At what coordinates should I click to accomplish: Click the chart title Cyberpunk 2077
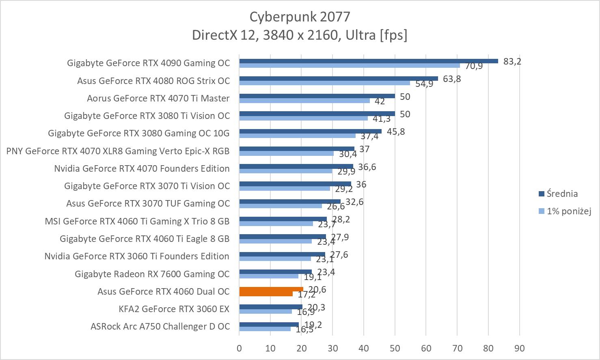pyautogui.click(x=299, y=16)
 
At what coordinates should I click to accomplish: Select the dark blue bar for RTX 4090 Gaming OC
pyautogui.click(x=368, y=61)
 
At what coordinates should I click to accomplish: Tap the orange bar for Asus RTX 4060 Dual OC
pyautogui.click(x=271, y=289)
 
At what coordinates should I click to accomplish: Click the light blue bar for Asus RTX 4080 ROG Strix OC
pyautogui.click(x=324, y=83)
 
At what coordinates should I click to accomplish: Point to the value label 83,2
pyautogui.click(x=512, y=61)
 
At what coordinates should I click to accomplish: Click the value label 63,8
pyautogui.click(x=452, y=79)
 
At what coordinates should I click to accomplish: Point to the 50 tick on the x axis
pyautogui.click(x=395, y=348)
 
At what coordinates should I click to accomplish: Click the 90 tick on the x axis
pyautogui.click(x=520, y=348)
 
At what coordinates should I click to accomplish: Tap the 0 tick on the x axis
pyautogui.click(x=239, y=348)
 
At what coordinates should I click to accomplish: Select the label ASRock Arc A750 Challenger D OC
pyautogui.click(x=160, y=326)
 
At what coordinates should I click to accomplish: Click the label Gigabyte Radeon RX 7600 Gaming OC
pyautogui.click(x=152, y=274)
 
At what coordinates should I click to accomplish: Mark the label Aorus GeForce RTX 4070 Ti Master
pyautogui.click(x=158, y=98)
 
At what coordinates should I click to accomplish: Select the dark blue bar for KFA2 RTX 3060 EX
pyautogui.click(x=271, y=307)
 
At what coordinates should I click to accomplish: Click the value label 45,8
pyautogui.click(x=396, y=131)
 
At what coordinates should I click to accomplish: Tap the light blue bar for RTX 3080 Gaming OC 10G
pyautogui.click(x=297, y=136)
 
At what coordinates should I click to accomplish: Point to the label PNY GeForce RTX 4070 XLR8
pyautogui.click(x=118, y=151)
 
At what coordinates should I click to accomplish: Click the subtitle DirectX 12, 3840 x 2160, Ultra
pyautogui.click(x=299, y=35)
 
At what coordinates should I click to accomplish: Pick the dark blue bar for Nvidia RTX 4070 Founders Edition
pyautogui.click(x=296, y=166)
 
